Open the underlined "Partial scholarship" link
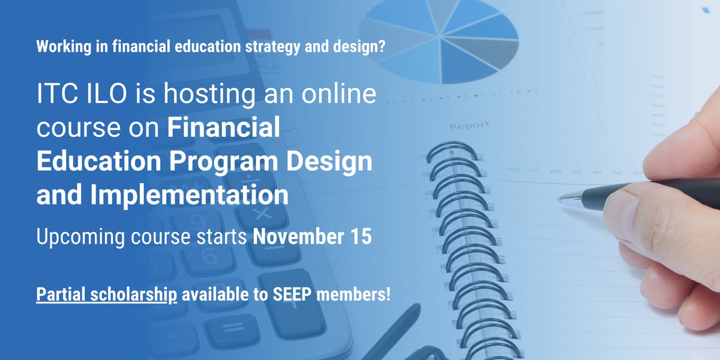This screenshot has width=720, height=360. point(107,295)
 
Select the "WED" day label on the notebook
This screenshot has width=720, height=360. point(556,170)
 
